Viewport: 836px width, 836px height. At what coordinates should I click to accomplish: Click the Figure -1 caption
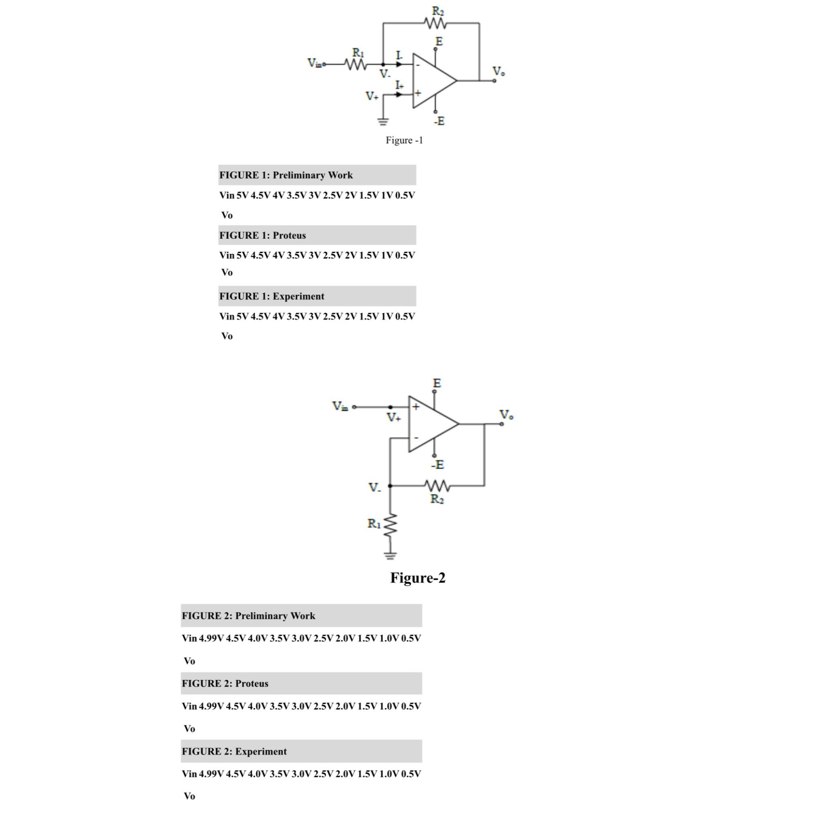tap(404, 140)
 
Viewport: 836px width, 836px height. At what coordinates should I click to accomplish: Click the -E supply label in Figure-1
tap(439, 121)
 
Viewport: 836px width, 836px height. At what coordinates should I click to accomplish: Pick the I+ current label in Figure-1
tap(399, 85)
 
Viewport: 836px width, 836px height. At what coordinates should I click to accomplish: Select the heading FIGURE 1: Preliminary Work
tap(286, 175)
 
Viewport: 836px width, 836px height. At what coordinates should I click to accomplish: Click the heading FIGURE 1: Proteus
tap(262, 236)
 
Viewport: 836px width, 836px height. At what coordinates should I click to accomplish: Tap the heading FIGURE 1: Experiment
tap(272, 296)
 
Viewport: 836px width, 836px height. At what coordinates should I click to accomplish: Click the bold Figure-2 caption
tap(418, 578)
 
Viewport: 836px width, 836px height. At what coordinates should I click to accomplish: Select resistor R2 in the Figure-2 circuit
tap(438, 486)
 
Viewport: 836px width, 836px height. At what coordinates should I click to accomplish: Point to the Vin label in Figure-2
tap(340, 406)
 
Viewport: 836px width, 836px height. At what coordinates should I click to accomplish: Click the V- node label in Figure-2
tap(375, 488)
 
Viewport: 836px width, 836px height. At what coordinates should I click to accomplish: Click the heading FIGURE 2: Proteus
tap(225, 683)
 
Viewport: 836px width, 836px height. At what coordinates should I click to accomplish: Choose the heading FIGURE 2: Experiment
tap(234, 751)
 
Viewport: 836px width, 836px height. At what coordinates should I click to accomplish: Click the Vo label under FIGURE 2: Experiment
tap(189, 796)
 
